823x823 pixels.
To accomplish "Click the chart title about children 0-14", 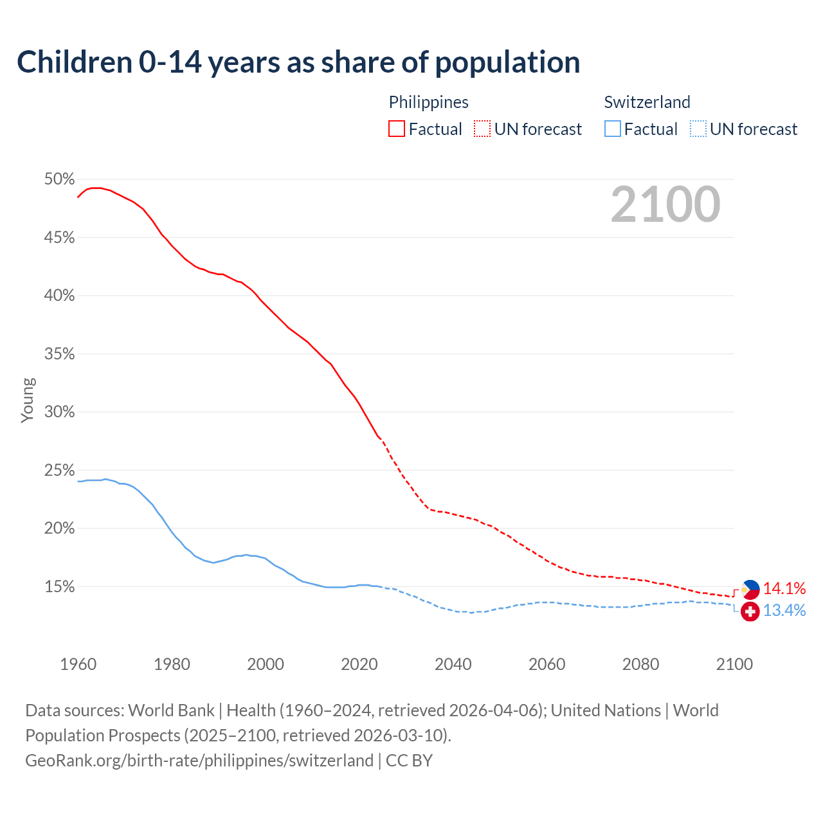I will [298, 62].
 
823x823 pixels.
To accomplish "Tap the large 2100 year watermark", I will [665, 204].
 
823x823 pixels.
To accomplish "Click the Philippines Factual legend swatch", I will [397, 129].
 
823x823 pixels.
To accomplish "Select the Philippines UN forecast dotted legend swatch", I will [482, 129].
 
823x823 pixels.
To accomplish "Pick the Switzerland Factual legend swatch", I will [613, 129].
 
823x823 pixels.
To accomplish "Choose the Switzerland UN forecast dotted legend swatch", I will [698, 129].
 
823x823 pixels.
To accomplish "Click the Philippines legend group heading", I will [428, 102].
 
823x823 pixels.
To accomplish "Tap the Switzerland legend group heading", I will [647, 102].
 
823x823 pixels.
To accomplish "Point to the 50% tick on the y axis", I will [59, 179].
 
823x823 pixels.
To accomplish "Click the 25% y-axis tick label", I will [59, 471].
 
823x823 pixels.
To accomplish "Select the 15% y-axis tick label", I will [59, 587].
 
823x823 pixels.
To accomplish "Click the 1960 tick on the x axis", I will [78, 664].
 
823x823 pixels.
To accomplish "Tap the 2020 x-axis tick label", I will [359, 664].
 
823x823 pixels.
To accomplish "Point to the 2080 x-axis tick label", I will [640, 664].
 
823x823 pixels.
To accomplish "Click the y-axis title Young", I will [27, 400].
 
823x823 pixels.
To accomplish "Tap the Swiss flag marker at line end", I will [750, 611].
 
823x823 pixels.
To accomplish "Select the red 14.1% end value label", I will [784, 588].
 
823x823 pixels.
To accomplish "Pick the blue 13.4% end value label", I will [784, 610].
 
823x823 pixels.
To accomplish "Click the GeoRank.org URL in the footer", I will [199, 761].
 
